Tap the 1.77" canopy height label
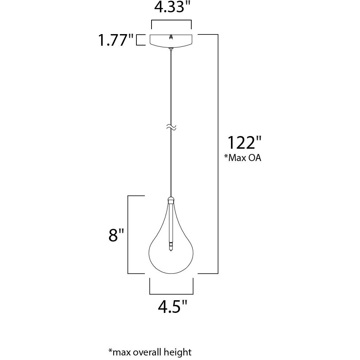tap(116, 40)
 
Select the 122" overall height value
tap(245, 143)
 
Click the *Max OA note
tap(243, 158)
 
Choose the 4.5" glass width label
tap(172, 307)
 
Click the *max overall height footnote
tap(150, 352)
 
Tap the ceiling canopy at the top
tap(171, 41)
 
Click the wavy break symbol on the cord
tap(171, 128)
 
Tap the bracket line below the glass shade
tap(171, 294)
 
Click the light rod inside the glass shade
tap(171, 225)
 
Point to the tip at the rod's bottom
tap(171, 250)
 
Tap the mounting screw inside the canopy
tap(171, 36)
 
